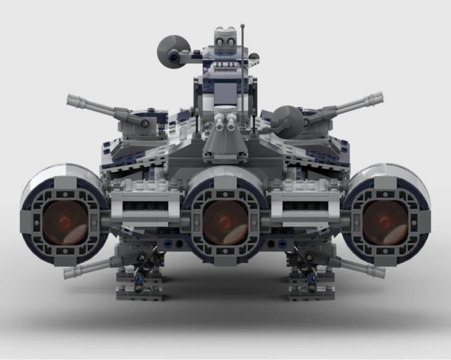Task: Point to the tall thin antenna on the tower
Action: click(x=243, y=68)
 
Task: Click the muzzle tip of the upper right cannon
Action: click(x=380, y=97)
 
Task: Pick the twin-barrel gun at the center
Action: click(x=225, y=122)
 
